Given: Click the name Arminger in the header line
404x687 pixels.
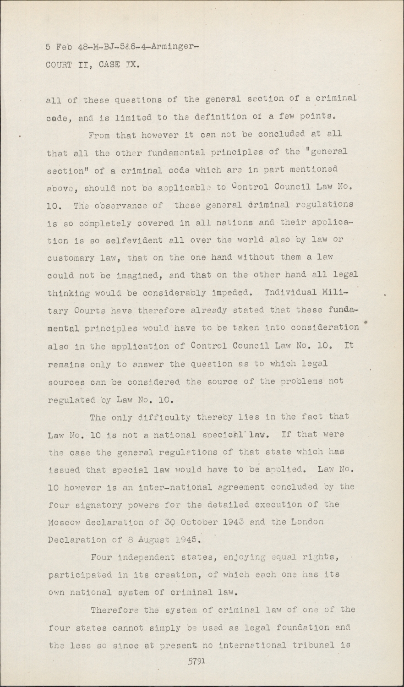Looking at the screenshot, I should pos(171,47).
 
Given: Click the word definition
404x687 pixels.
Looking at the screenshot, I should pos(212,117).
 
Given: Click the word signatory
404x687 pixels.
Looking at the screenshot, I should pos(97,505).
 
